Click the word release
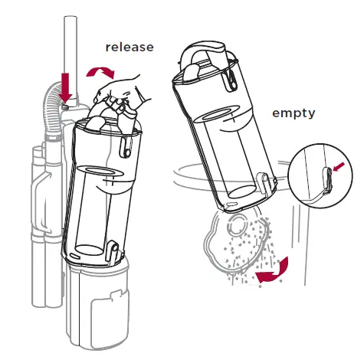(x=130, y=47)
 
